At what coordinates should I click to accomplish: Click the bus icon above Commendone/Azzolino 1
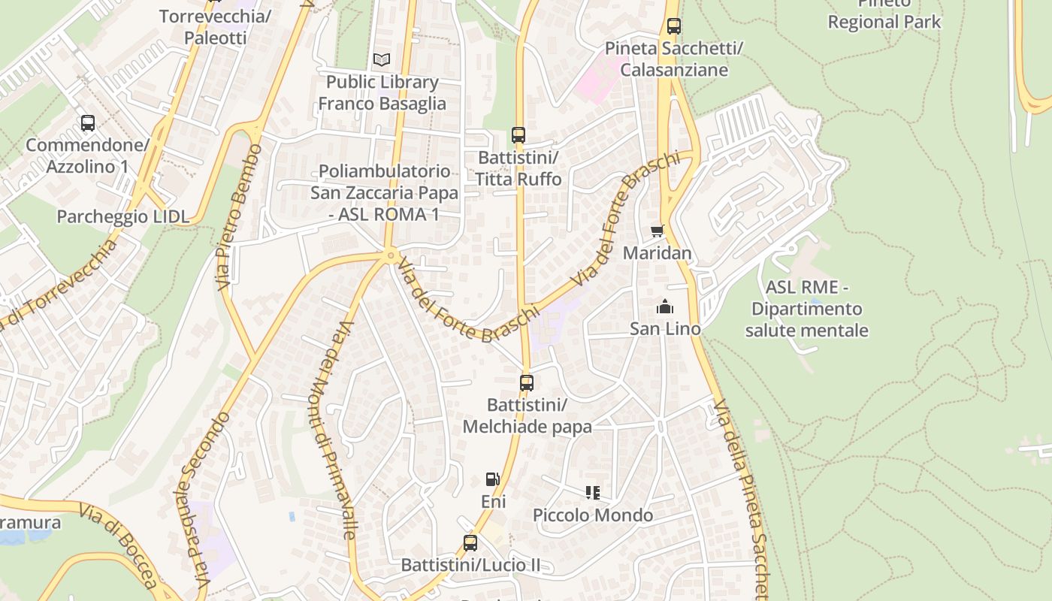87,122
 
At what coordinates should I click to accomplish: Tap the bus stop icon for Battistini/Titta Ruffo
518,135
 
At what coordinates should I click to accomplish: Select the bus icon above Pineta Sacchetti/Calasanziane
674,26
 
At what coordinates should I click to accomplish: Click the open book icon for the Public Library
382,59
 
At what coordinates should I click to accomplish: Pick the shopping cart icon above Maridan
657,231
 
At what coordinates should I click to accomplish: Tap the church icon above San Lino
664,307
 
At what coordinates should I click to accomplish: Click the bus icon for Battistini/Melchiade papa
527,382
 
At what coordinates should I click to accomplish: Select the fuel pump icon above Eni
492,479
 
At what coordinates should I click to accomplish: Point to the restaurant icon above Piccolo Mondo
593,493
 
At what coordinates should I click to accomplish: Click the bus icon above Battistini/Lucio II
470,542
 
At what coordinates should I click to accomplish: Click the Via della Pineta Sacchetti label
743,496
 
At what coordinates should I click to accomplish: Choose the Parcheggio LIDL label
123,217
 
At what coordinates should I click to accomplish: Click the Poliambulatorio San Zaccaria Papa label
384,192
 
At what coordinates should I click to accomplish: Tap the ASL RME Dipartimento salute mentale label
806,309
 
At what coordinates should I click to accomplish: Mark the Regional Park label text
884,21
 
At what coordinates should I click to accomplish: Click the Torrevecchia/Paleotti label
215,27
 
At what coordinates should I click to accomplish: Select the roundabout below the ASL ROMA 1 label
390,256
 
